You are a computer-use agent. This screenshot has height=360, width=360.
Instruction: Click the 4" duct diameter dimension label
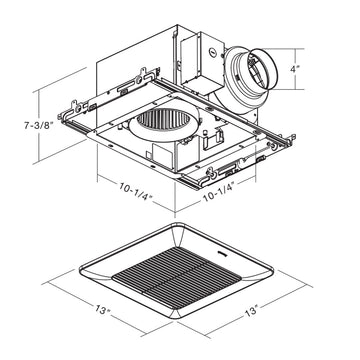pos(294,69)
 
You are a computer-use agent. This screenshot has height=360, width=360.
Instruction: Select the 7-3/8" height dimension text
pos(39,126)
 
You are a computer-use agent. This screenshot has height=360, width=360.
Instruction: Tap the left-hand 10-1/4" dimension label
pos(135,190)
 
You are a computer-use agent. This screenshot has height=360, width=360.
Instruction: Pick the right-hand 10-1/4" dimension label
pos(220,191)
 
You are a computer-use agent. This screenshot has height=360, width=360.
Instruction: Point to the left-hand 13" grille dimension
pos(102,310)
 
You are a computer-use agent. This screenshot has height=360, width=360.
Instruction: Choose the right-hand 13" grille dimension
pos(252,311)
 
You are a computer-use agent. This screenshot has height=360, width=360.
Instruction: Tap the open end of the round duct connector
pos(262,69)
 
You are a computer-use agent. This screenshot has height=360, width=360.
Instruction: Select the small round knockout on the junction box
pos(212,52)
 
